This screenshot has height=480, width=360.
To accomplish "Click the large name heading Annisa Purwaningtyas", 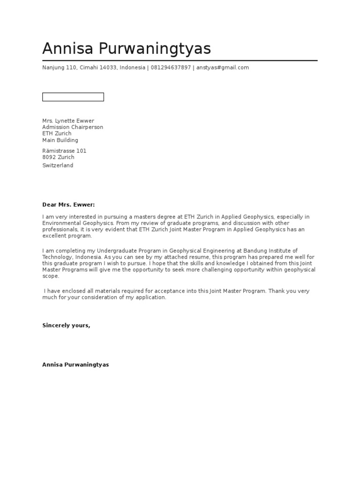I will [x=127, y=49].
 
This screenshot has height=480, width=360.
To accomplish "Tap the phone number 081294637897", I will [x=171, y=67].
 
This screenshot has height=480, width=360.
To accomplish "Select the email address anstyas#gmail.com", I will [x=222, y=67].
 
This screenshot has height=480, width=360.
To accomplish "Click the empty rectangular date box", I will [x=73, y=97].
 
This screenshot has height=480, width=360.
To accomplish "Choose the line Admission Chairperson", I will [x=73, y=127].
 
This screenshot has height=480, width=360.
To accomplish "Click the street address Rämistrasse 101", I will [x=64, y=151].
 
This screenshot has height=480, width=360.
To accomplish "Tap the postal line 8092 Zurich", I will [x=58, y=157].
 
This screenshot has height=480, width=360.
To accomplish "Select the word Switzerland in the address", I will [x=58, y=165].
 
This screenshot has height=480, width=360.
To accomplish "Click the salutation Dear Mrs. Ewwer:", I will [x=68, y=205].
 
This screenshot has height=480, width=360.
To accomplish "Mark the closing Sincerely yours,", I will [x=66, y=325].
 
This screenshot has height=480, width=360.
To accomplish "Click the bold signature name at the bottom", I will [x=75, y=365].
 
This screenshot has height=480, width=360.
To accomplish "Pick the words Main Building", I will [x=60, y=140].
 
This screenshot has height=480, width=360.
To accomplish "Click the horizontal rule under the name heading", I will [x=180, y=60].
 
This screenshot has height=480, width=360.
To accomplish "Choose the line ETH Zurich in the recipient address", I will [x=57, y=134].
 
